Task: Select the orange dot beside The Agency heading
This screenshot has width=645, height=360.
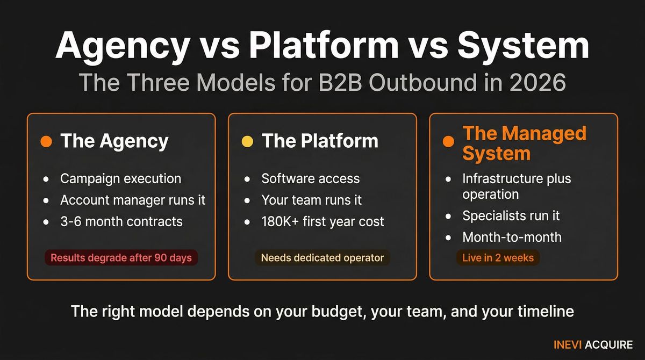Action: (x=46, y=141)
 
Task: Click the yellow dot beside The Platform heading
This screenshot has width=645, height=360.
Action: (x=247, y=141)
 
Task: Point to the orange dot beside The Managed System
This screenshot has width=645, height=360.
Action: (x=448, y=142)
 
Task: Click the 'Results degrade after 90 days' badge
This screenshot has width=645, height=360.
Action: (x=121, y=258)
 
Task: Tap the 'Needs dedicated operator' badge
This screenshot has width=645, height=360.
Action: (x=322, y=258)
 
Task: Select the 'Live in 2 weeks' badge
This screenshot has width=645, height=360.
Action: (x=498, y=258)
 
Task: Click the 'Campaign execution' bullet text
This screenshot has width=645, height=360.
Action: (x=120, y=178)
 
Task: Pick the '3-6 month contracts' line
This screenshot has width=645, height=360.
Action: (x=121, y=221)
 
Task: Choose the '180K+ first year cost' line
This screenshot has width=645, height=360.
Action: (x=322, y=221)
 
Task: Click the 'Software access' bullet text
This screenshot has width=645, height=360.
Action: (x=310, y=178)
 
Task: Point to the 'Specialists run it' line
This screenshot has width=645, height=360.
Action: (x=511, y=215)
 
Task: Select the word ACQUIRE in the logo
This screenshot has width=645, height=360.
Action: (x=609, y=345)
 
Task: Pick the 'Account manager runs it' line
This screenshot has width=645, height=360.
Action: (x=132, y=200)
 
